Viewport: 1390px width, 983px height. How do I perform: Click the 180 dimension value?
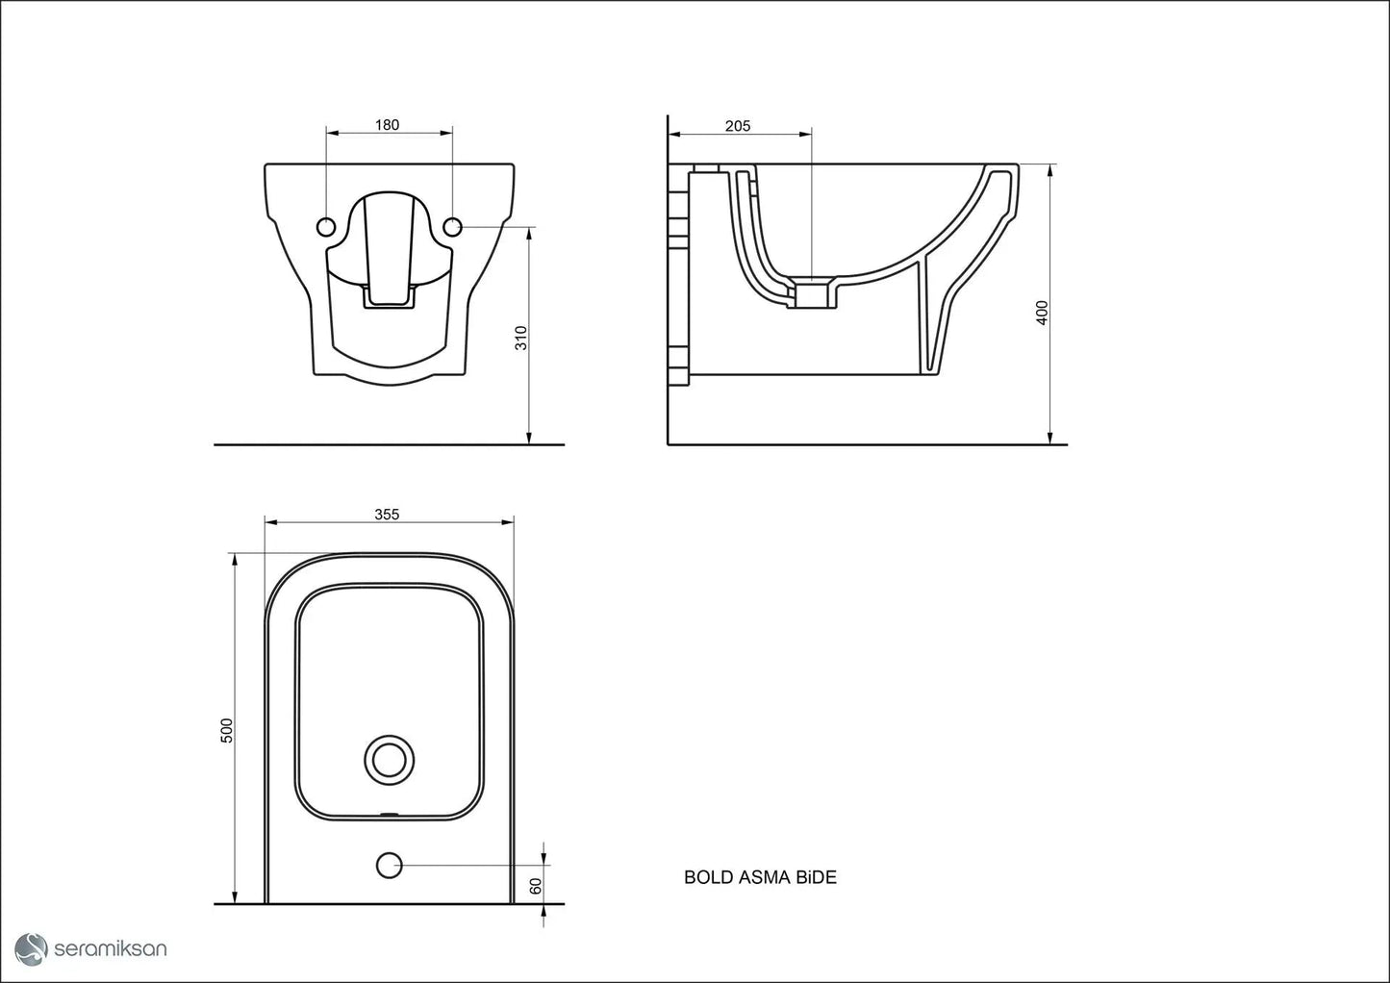[x=387, y=125]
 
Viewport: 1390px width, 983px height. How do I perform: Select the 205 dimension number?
[x=738, y=126]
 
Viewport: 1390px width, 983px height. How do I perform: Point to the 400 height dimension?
[x=1042, y=313]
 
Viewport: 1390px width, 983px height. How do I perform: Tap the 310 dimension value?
[x=521, y=339]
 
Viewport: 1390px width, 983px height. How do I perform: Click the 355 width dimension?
[x=387, y=515]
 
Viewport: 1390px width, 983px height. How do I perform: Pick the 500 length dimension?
[x=227, y=730]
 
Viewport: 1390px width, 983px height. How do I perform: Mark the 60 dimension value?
[x=536, y=886]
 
